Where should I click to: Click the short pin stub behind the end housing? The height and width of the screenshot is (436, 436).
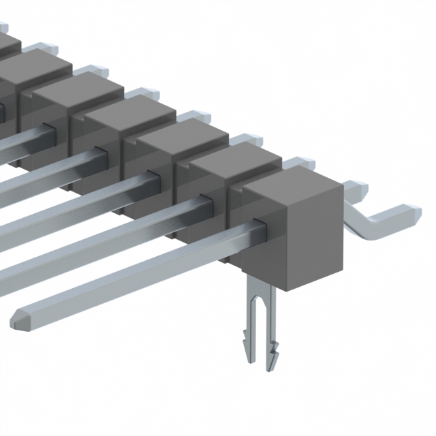354,186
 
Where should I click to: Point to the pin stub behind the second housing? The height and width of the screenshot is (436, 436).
300,163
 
